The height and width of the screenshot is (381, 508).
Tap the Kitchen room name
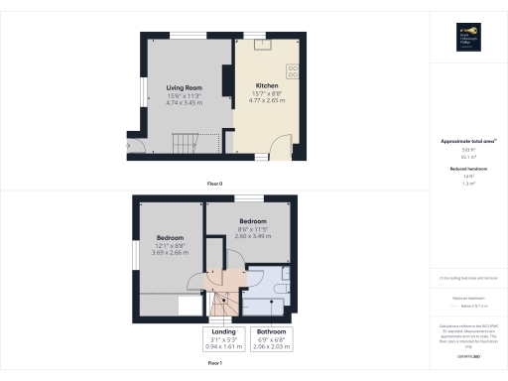point(266,85)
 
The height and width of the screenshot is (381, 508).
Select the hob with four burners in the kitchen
point(294,71)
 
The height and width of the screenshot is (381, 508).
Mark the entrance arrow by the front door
point(127,147)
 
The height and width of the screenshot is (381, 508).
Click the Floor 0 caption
point(214,185)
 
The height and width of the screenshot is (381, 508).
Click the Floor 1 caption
point(214,364)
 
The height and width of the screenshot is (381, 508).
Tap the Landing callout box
point(222,338)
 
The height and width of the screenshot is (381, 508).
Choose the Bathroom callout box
point(271,338)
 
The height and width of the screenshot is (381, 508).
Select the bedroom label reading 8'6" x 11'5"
point(252,228)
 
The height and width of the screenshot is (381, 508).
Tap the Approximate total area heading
point(467,142)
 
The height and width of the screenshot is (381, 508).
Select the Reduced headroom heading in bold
point(467,170)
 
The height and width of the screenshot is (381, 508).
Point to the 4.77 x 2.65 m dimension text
point(266,99)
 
